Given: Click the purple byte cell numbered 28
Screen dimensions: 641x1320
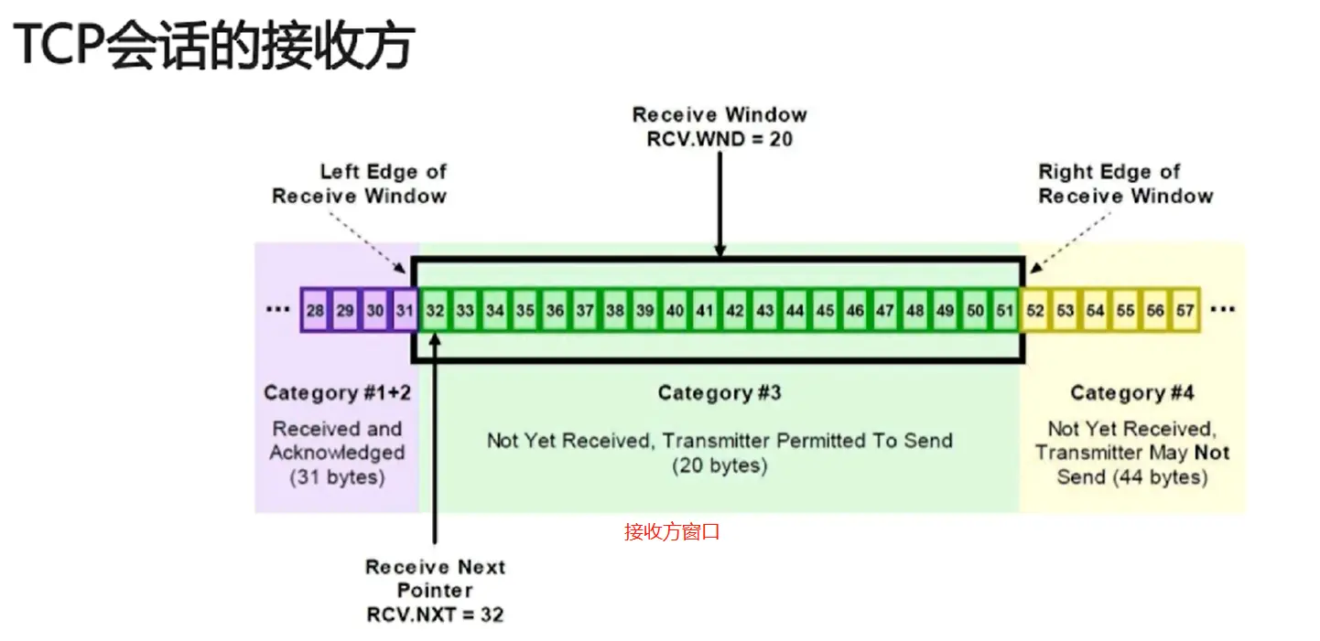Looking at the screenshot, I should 315,311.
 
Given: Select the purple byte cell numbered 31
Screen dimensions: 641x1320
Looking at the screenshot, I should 405,311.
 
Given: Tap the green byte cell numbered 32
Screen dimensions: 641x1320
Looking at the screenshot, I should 435,311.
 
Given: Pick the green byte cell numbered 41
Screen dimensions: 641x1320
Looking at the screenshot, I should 704,311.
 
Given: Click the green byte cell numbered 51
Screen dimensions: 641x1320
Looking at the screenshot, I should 1005,311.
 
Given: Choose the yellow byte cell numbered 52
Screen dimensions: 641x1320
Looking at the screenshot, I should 1035,311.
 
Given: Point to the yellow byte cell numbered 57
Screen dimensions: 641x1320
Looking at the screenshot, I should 1185,311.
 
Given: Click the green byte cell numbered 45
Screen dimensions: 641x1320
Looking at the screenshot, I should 825,311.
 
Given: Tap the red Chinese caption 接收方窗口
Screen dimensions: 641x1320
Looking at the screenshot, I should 672,532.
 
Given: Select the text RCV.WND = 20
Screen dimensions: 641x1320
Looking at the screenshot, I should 720,140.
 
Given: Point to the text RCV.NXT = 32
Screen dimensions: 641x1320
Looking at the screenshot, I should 435,614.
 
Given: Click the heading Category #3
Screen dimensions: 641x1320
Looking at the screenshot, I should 720,393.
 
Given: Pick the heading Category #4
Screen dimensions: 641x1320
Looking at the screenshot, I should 1131,393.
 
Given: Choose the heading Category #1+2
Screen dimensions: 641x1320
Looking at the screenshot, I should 336,393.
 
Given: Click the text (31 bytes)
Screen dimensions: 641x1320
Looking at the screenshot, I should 337,477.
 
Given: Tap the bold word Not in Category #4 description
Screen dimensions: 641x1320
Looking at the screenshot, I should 1211,453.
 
